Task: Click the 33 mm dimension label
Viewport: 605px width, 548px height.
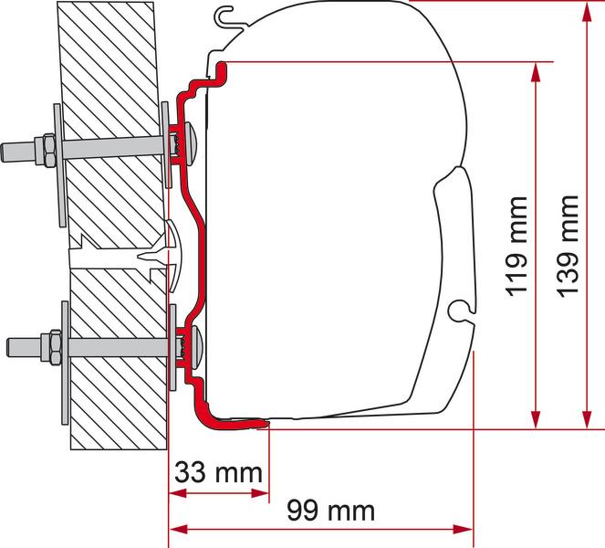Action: [x=218, y=472]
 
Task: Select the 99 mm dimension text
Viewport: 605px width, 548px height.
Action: [x=330, y=511]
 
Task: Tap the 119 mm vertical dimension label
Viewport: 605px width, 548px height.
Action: [x=517, y=247]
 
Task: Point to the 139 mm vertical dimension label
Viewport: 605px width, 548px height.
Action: [x=568, y=247]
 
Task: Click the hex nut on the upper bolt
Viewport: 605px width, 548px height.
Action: [x=48, y=150]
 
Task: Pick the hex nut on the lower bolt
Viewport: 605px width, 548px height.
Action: [x=55, y=347]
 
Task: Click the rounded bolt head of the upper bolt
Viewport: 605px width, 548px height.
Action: [x=192, y=143]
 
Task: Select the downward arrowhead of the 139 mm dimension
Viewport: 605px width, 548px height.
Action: [x=587, y=419]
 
